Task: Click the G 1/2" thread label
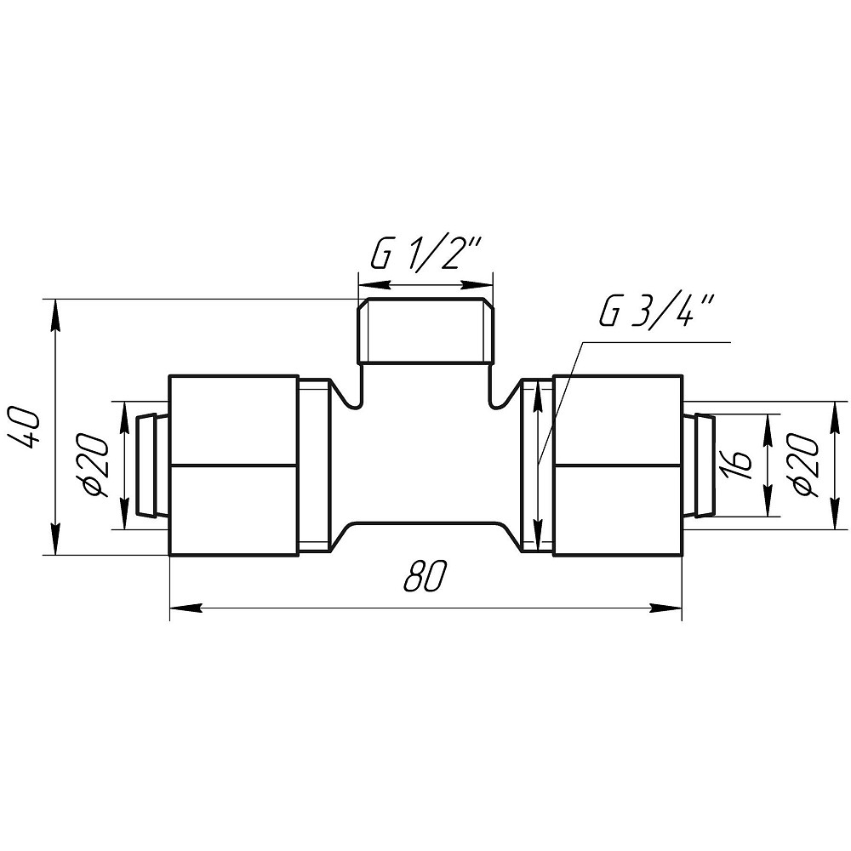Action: click(x=425, y=253)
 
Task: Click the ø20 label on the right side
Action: click(x=805, y=465)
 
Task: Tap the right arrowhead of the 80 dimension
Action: click(x=666, y=608)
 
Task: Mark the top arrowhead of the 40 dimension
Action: click(x=54, y=315)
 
